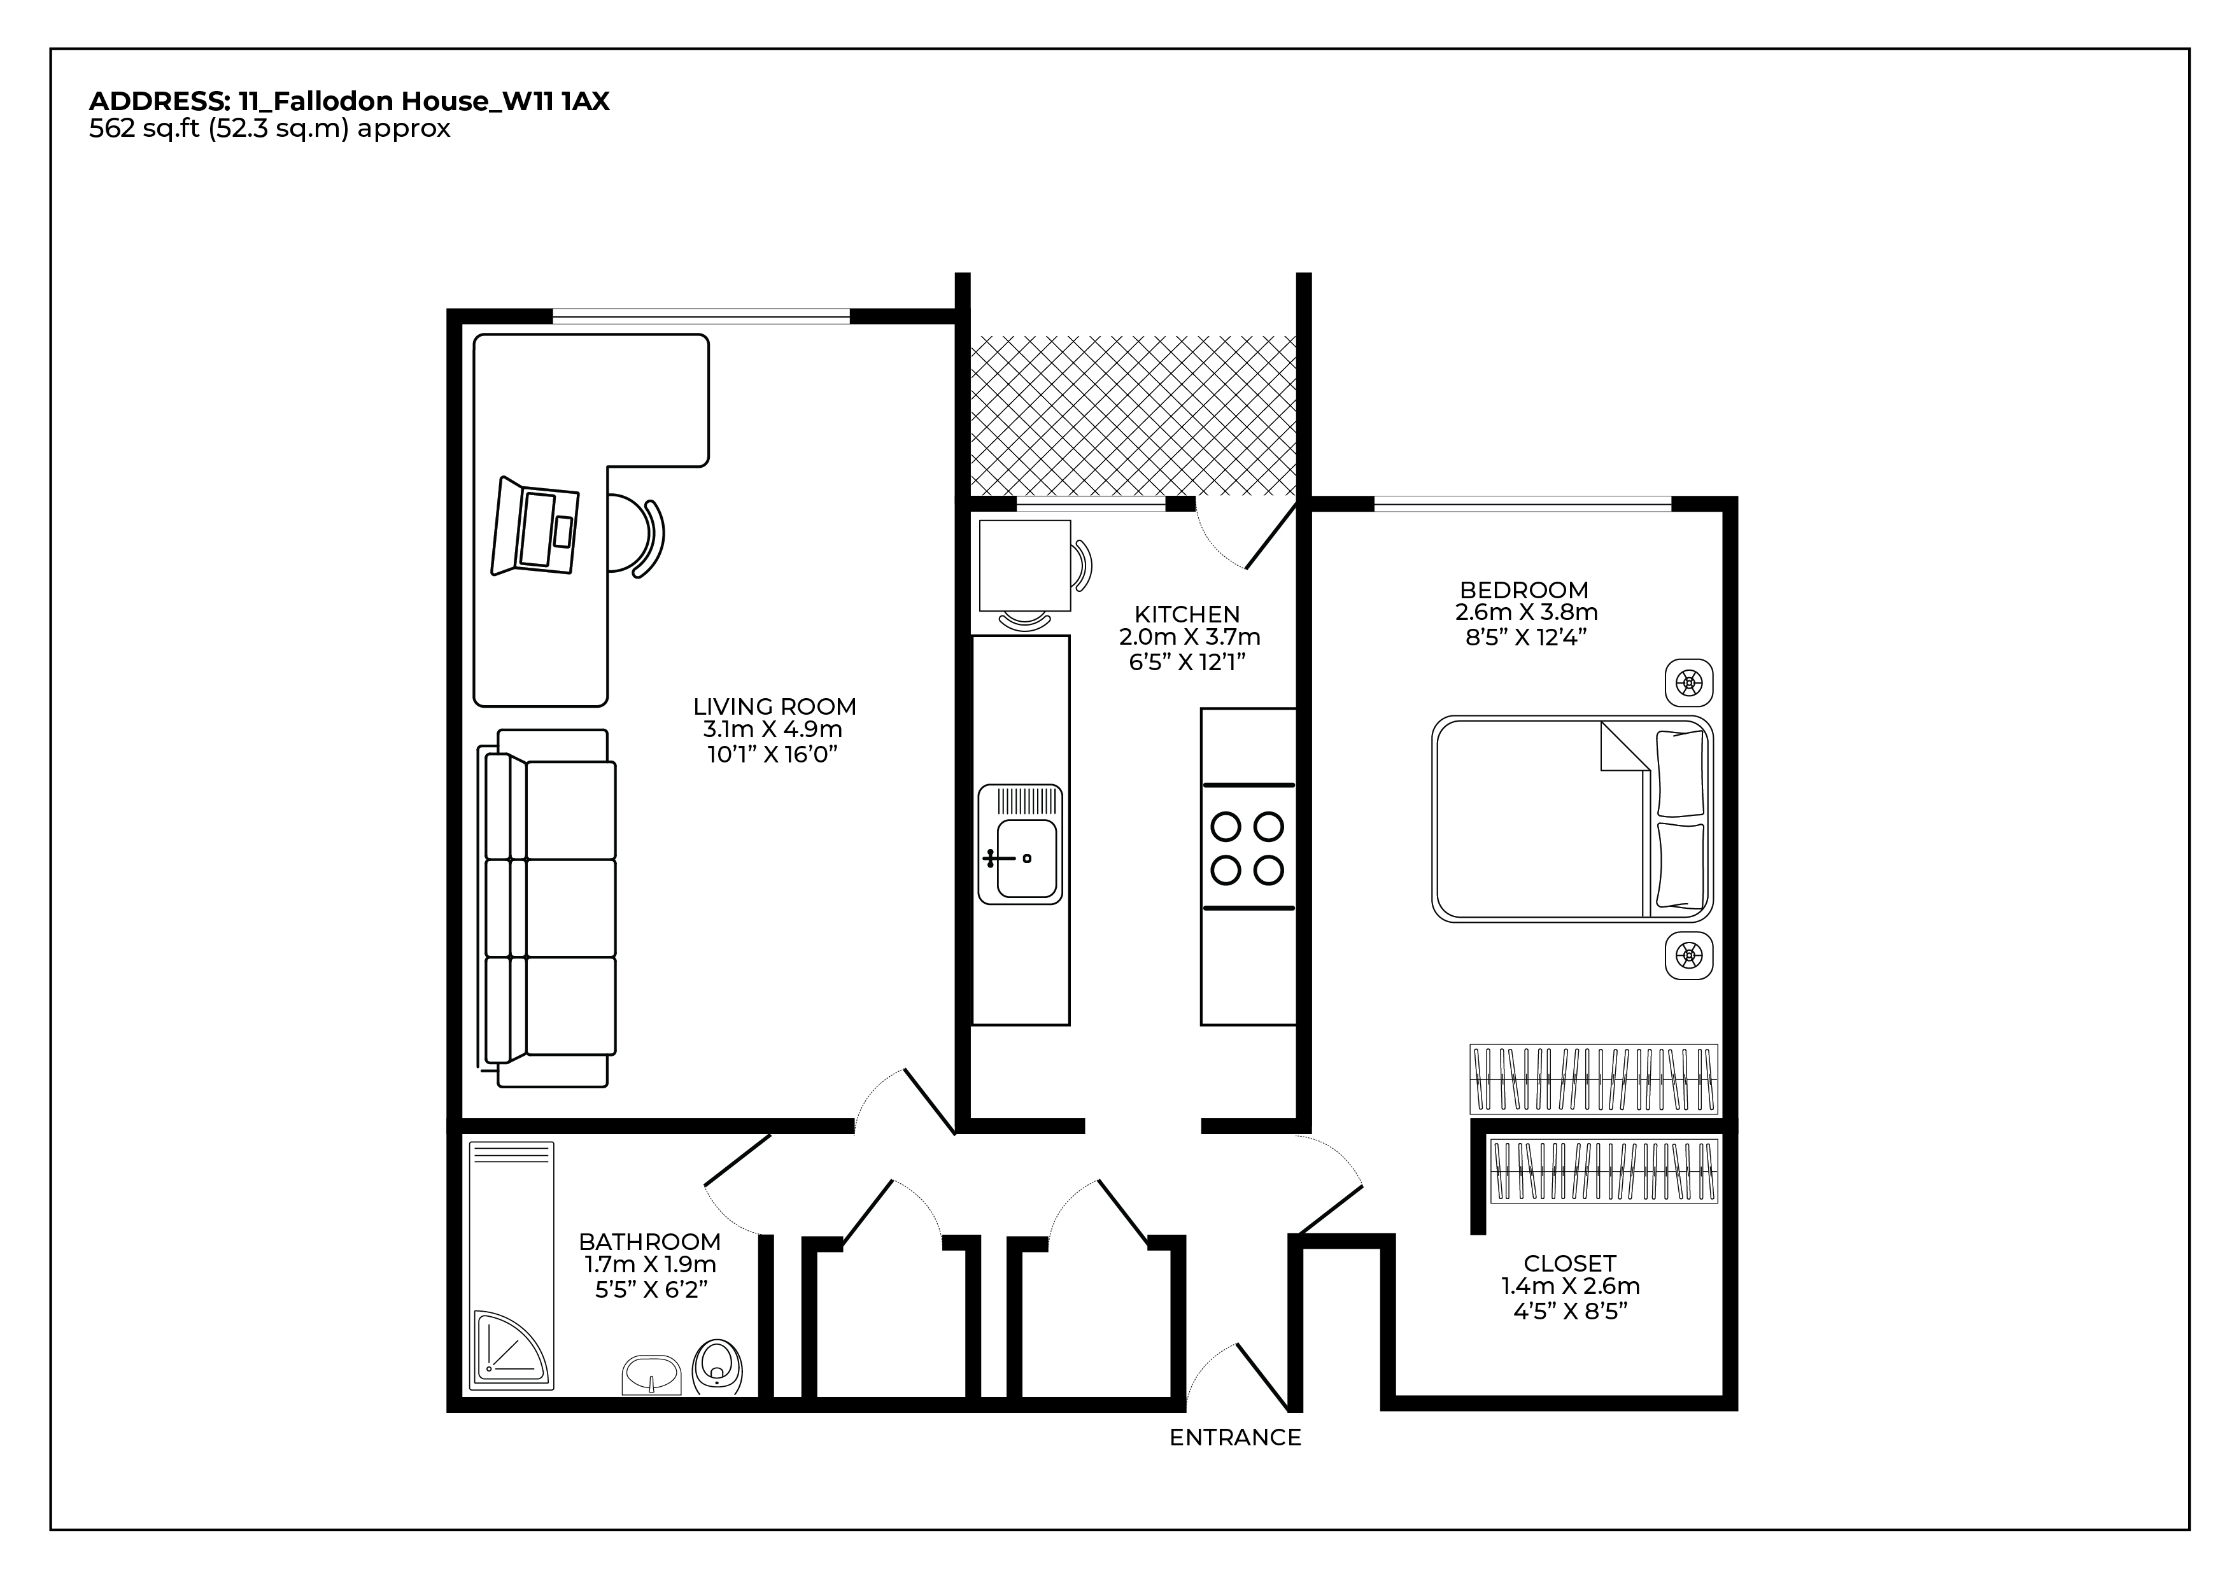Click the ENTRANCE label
tap(1234, 1438)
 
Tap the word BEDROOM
tap(1524, 589)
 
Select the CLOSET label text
tap(1569, 1263)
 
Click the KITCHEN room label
tap(1187, 614)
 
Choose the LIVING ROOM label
tap(775, 706)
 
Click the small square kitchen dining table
tap(1024, 565)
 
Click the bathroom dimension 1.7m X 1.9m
tap(650, 1265)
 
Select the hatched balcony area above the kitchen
tap(1133, 416)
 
